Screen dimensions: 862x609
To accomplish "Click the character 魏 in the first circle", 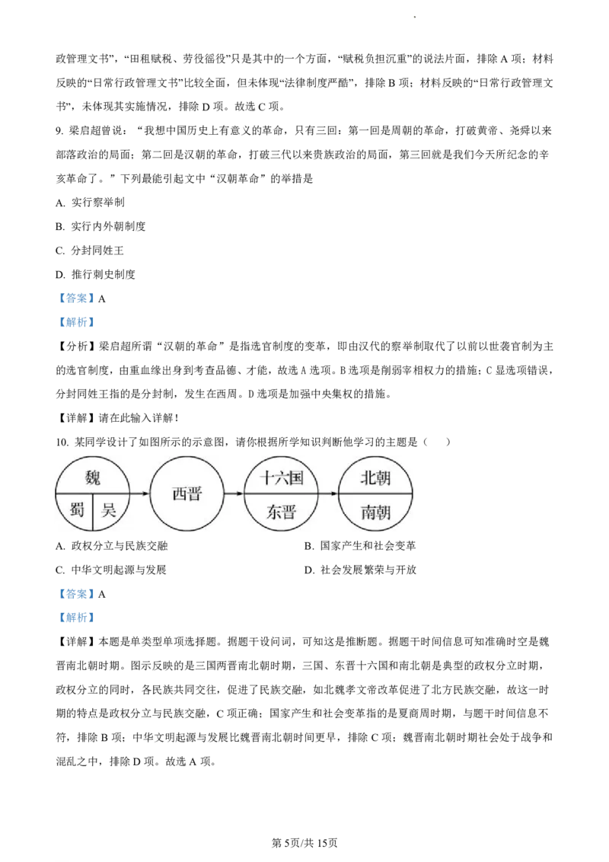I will pyautogui.click(x=93, y=478).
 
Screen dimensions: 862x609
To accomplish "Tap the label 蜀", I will pyautogui.click(x=76, y=510).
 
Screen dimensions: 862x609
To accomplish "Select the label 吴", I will pyautogui.click(x=109, y=510).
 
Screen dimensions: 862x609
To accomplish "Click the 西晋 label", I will pyautogui.click(x=187, y=494).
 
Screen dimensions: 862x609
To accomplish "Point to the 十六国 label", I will pyautogui.click(x=281, y=478).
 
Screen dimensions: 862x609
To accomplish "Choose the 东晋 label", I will pyautogui.click(x=281, y=512).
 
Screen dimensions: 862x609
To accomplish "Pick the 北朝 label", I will pyautogui.click(x=375, y=478).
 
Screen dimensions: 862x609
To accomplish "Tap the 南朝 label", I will pyautogui.click(x=375, y=512).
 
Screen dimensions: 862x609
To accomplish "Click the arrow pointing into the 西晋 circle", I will pyautogui.click(x=141, y=493).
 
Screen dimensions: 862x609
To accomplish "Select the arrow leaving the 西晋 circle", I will pyautogui.click(x=234, y=493).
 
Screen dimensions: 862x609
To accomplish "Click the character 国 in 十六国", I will pyautogui.click(x=296, y=478).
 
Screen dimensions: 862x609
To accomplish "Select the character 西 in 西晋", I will pyautogui.click(x=179, y=494).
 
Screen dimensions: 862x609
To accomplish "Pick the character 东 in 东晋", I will pyautogui.click(x=273, y=512).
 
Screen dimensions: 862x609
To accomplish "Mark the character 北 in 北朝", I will pyautogui.click(x=368, y=478).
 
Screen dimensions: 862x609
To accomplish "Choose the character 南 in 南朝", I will pyautogui.click(x=368, y=512).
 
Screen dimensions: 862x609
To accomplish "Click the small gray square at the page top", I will pyautogui.click(x=411, y=15).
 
